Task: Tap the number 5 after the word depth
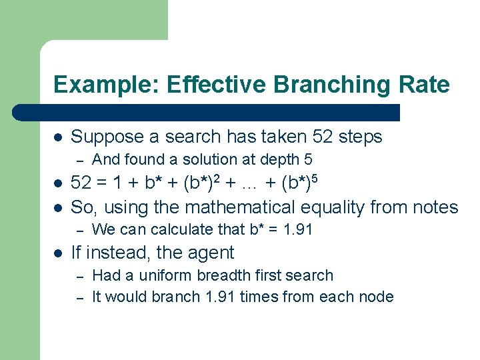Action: tap(308, 160)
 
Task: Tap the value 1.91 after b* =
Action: tap(297, 229)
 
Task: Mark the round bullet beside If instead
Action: tap(58, 253)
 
